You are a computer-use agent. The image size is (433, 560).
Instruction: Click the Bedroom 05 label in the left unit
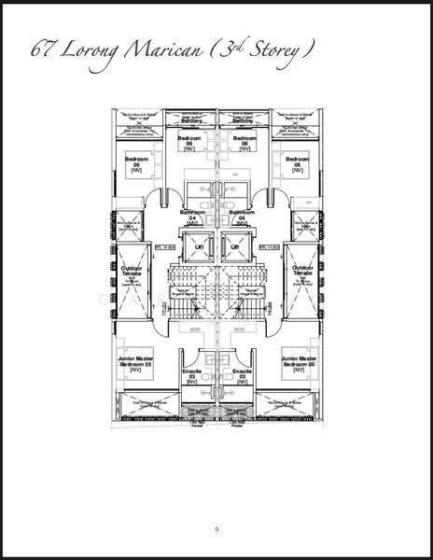(137, 165)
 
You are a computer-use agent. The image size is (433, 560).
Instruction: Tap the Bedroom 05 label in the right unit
(296, 165)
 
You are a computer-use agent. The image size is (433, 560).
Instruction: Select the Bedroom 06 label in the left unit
(190, 142)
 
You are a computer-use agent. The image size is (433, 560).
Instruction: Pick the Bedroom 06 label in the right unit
(244, 142)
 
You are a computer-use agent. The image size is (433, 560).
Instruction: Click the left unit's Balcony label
(190, 121)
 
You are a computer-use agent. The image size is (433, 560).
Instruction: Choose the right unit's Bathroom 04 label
(243, 217)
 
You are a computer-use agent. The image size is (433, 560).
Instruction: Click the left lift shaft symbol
(198, 247)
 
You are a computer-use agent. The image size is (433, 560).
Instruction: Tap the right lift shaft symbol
(235, 247)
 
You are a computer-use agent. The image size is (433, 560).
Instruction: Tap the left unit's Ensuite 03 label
(192, 376)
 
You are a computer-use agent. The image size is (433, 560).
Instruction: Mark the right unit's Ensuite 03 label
(243, 376)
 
